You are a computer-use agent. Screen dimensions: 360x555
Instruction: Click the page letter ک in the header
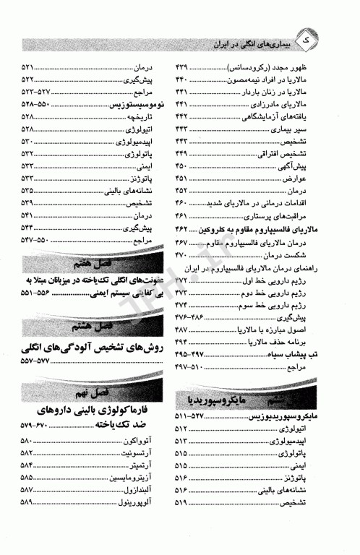pyautogui.click(x=327, y=44)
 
